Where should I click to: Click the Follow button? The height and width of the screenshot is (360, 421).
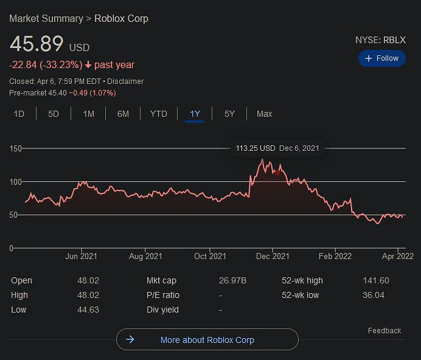point(381,58)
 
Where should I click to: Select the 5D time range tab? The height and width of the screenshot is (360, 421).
point(54,114)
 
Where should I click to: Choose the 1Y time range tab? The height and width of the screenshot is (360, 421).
point(195,114)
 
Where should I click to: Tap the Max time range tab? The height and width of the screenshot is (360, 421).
point(264,114)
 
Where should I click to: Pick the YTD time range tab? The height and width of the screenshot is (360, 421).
point(159,114)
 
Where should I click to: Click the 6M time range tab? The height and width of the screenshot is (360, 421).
point(123,114)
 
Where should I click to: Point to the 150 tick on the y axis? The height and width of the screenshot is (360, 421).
point(15,148)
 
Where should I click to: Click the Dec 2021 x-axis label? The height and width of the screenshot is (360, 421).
point(273,257)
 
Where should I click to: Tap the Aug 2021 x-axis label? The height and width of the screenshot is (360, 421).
point(145,257)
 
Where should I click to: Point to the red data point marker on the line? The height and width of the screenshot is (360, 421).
point(277,173)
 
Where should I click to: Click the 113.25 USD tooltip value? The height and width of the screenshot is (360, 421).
point(256,148)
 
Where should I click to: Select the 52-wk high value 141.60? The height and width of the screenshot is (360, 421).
point(375,281)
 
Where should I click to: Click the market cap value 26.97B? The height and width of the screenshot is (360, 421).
point(233,281)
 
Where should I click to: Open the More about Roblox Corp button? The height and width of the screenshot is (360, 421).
point(207,340)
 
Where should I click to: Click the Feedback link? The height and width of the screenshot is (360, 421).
point(384,331)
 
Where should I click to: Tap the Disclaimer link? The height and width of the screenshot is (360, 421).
point(125,81)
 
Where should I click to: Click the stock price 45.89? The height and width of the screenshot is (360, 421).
point(37,44)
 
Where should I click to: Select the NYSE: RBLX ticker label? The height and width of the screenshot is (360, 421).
point(380,40)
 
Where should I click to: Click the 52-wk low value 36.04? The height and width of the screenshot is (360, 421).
point(375,296)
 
